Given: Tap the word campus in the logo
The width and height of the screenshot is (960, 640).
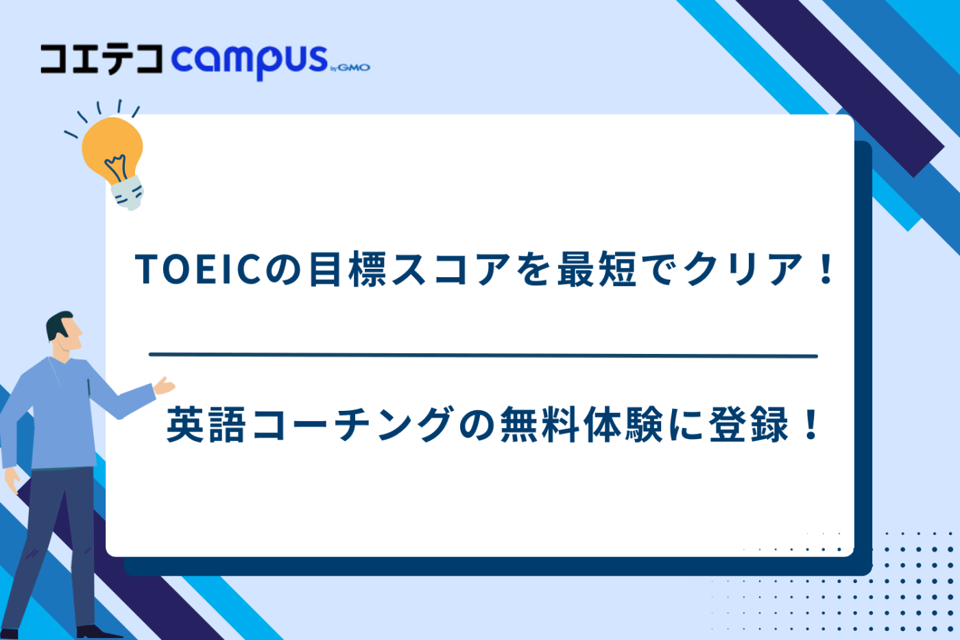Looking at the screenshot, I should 249,60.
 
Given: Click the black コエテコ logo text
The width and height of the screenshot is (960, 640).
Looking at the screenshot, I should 101,59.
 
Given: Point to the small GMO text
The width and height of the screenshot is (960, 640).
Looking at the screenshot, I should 354,67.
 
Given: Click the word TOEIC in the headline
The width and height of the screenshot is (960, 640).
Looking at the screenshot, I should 199,269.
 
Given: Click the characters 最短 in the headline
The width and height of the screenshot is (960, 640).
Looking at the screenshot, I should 597,269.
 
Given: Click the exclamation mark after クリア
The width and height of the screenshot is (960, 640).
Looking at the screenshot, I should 826,269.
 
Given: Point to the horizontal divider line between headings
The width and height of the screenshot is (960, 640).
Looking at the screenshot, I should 483,355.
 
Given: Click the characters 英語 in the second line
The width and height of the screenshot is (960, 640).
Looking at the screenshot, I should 206,425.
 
